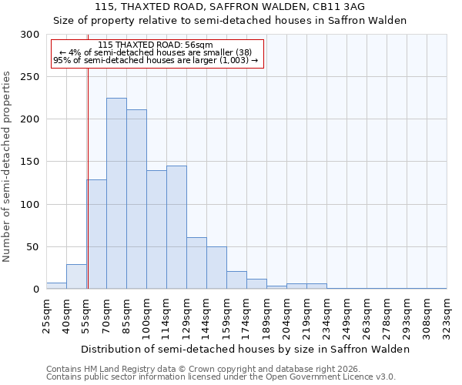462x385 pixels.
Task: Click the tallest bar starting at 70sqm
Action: click(x=116, y=193)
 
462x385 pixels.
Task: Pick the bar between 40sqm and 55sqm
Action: click(x=76, y=276)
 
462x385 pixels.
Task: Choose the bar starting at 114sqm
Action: click(x=176, y=227)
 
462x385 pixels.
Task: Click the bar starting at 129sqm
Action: click(x=196, y=263)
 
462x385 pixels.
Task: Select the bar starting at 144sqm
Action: click(x=216, y=267)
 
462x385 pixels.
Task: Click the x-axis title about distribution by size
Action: click(x=246, y=349)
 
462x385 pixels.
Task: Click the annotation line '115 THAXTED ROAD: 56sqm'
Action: click(x=156, y=45)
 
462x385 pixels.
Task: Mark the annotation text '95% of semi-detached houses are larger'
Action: click(x=156, y=61)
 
